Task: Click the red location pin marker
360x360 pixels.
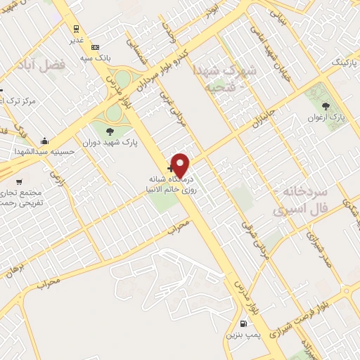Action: click(x=181, y=165)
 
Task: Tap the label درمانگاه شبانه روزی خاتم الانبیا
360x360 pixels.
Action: click(x=171, y=185)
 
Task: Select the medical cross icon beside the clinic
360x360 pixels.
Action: click(x=171, y=168)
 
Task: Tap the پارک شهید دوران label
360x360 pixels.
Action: click(x=110, y=142)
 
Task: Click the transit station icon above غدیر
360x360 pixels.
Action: click(x=75, y=29)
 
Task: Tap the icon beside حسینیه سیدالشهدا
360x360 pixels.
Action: click(x=45, y=140)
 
